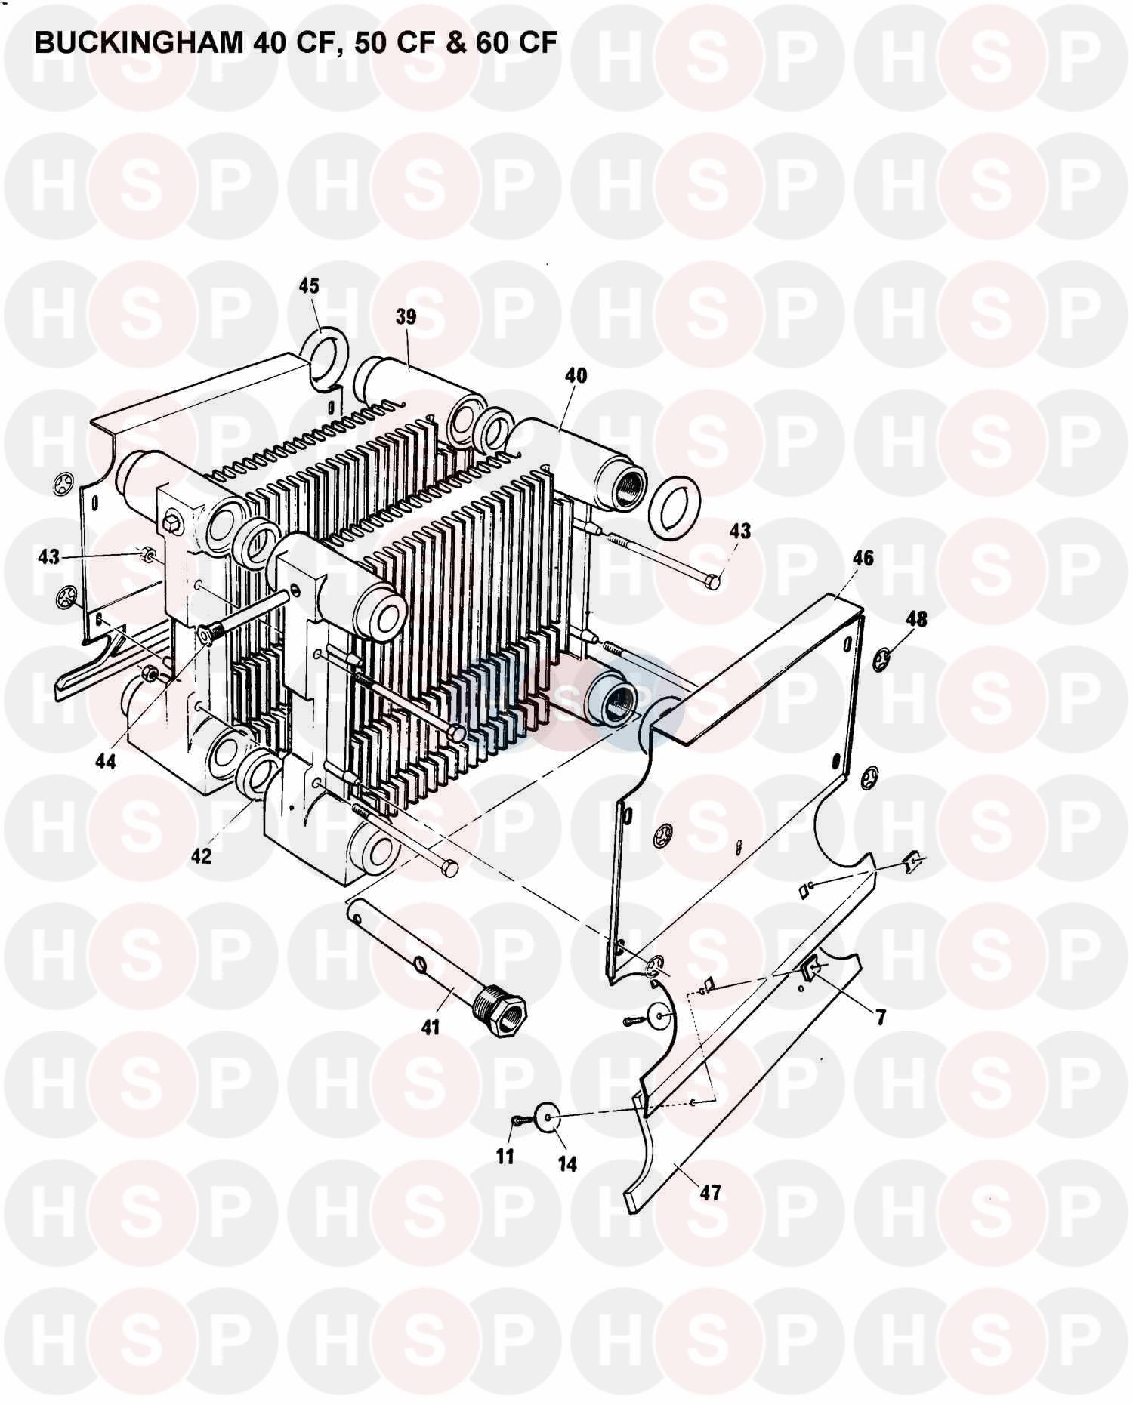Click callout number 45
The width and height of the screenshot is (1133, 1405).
[309, 286]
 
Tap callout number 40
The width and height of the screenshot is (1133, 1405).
[575, 375]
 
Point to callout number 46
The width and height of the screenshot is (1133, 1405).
[863, 557]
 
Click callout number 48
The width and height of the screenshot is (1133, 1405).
[917, 619]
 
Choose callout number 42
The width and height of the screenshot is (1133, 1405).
[201, 856]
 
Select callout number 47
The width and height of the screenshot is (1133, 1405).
[710, 1193]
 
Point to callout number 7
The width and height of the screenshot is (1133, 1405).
[881, 1017]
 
